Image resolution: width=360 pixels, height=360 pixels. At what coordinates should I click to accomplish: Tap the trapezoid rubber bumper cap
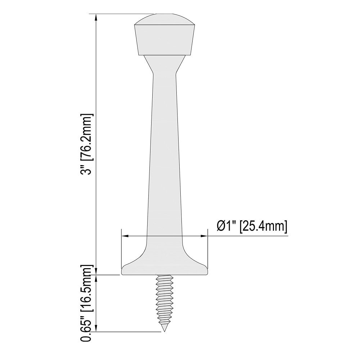pyautogui.click(x=165, y=40)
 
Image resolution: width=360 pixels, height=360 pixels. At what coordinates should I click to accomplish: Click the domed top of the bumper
pyautogui.click(x=165, y=19)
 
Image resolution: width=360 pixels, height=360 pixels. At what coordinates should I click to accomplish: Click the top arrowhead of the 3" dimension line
pyautogui.click(x=96, y=18)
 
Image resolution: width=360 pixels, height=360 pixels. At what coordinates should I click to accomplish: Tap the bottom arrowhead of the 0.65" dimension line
pyautogui.click(x=96, y=328)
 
